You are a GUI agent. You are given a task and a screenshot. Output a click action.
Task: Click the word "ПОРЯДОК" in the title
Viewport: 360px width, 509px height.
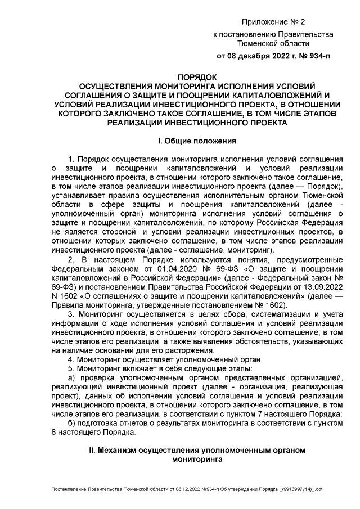pos(197,77)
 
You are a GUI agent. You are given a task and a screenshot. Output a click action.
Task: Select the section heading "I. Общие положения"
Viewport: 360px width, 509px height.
pos(196,141)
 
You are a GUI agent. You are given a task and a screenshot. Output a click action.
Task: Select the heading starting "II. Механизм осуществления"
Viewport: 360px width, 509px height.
pos(197,451)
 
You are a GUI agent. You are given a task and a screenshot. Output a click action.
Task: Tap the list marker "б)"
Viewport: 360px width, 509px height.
pos(71,423)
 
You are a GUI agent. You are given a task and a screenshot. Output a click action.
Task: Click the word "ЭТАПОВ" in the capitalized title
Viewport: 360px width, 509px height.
pos(316,113)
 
